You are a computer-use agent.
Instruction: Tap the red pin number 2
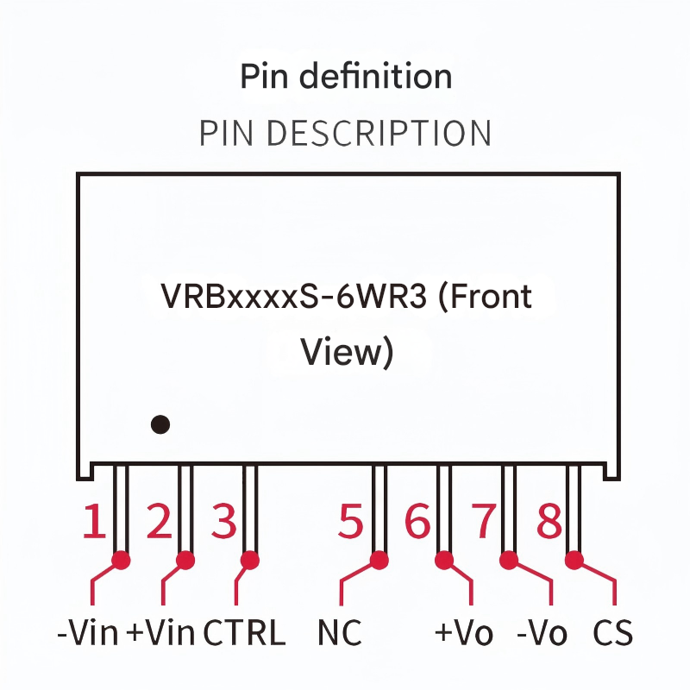159,522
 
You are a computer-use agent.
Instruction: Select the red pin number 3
223,522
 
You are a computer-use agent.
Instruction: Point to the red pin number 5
350,522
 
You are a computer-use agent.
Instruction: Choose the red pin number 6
417,522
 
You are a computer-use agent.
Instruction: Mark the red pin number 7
483,522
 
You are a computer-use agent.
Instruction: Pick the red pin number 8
549,522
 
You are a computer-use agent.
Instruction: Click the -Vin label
87,634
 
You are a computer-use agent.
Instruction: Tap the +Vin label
161,634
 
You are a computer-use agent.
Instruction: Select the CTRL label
244,634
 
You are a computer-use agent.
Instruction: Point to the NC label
340,634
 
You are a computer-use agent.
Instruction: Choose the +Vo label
464,634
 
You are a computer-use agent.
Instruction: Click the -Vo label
542,634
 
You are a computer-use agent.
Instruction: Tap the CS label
613,634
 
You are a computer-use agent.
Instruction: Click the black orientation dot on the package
160,424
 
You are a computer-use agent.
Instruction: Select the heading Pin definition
346,77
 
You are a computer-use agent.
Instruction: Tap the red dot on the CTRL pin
250,560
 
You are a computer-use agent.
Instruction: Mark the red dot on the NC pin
378,561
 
